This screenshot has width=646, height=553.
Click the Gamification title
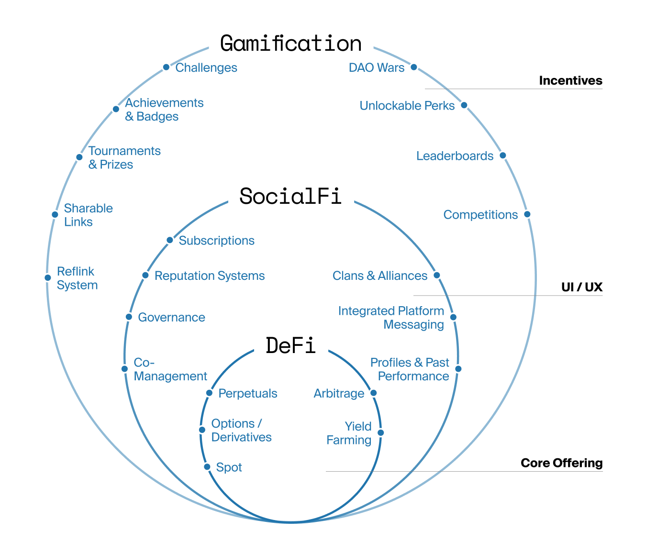point(290,44)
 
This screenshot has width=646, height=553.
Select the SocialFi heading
point(290,196)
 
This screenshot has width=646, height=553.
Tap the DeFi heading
point(290,345)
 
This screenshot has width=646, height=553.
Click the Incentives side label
point(570,80)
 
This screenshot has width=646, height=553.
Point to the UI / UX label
point(581,287)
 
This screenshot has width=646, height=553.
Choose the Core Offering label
point(561,463)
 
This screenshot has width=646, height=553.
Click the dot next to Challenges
point(166,67)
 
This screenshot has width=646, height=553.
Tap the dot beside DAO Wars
point(414,67)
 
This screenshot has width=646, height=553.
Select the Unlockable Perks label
point(407,106)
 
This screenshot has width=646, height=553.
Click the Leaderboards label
point(455,156)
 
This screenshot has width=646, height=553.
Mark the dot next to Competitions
point(527,214)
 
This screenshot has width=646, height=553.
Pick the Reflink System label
point(77,278)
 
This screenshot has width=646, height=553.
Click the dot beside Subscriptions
point(170,240)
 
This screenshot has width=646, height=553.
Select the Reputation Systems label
point(210,276)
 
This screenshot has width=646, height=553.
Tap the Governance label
point(171,318)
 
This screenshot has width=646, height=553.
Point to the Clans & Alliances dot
point(436,276)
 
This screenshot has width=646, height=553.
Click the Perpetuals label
point(247,394)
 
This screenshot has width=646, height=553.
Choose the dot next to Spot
point(207,467)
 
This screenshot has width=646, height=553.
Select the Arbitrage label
point(339,394)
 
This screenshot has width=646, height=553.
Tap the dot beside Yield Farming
point(381,433)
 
